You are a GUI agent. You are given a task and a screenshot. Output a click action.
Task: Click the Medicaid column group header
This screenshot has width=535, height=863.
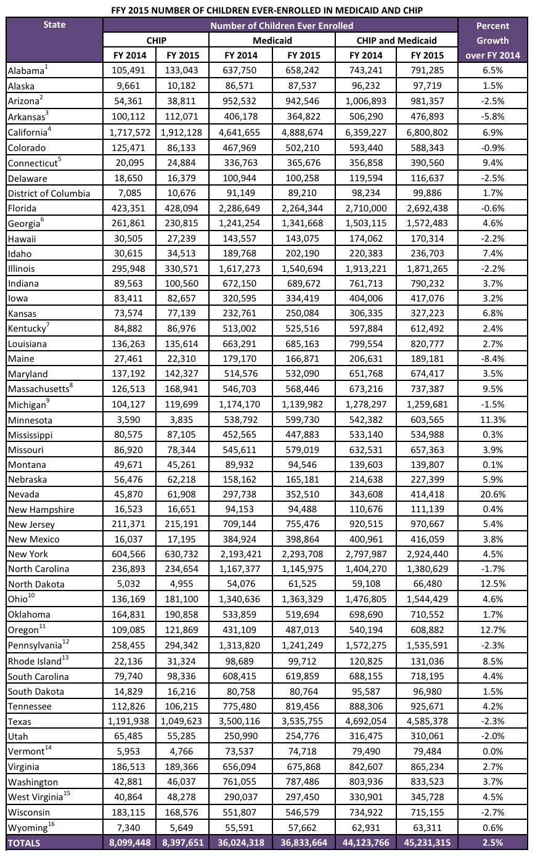pyautogui.click(x=272, y=40)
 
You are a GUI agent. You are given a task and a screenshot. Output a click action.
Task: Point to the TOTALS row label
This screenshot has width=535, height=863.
pyautogui.click(x=25, y=843)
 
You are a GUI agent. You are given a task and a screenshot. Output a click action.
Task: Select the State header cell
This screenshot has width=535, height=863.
pyautogui.click(x=54, y=25)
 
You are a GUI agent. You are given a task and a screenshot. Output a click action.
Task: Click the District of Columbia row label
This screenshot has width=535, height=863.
pyautogui.click(x=48, y=194)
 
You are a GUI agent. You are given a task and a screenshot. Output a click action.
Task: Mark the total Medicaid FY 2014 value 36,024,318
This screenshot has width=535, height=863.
pyautogui.click(x=241, y=843)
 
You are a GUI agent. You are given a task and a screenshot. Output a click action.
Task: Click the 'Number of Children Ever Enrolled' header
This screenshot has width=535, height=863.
pyautogui.click(x=281, y=25)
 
